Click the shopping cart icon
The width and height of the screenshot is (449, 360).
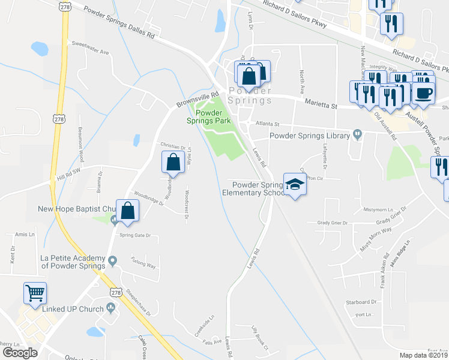35,293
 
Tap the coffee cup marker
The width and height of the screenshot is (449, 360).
424,94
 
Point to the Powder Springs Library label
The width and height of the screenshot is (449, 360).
309,136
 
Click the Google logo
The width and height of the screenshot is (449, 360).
20,352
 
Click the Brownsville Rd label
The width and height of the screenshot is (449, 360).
197,99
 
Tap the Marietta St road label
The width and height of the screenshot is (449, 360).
322,105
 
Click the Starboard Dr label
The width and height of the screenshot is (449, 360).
361,302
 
